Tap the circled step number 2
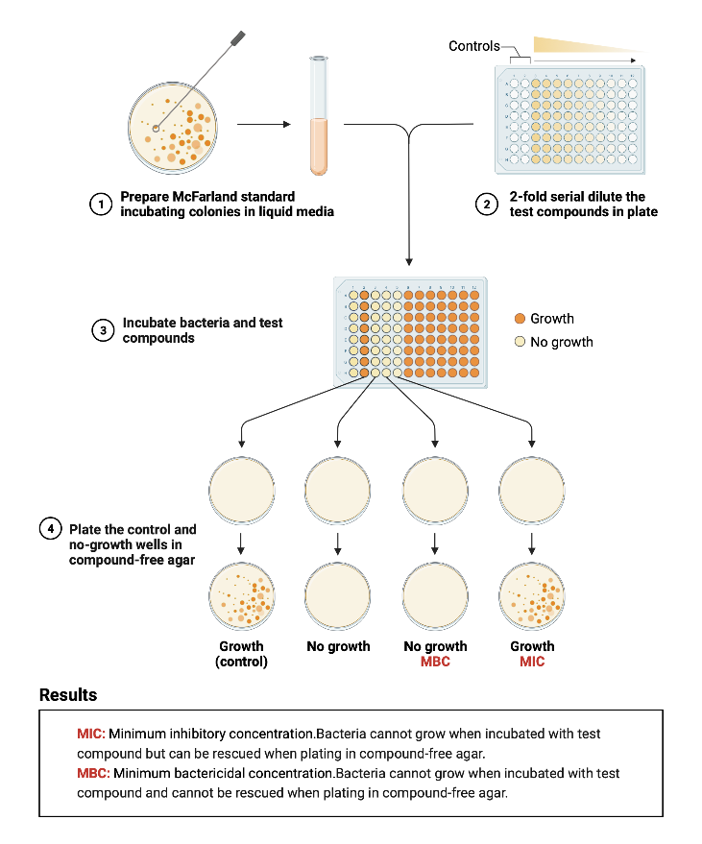point(488,204)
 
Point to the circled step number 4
point(49,529)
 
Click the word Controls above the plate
point(474,46)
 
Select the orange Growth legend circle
point(519,319)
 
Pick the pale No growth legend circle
point(519,342)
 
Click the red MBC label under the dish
point(435,662)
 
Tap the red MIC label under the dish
point(532,662)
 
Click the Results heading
point(68,694)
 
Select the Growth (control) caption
point(241,654)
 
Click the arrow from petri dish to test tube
point(263,125)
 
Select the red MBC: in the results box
point(93,773)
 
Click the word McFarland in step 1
point(204,197)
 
